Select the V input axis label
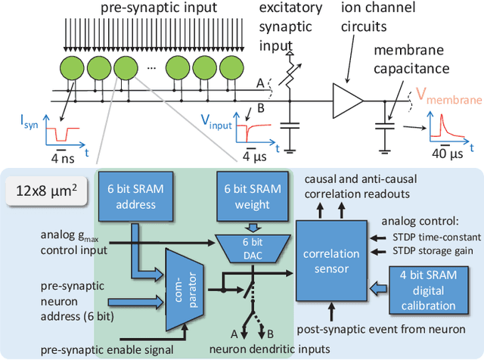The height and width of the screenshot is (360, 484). tap(215, 119)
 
